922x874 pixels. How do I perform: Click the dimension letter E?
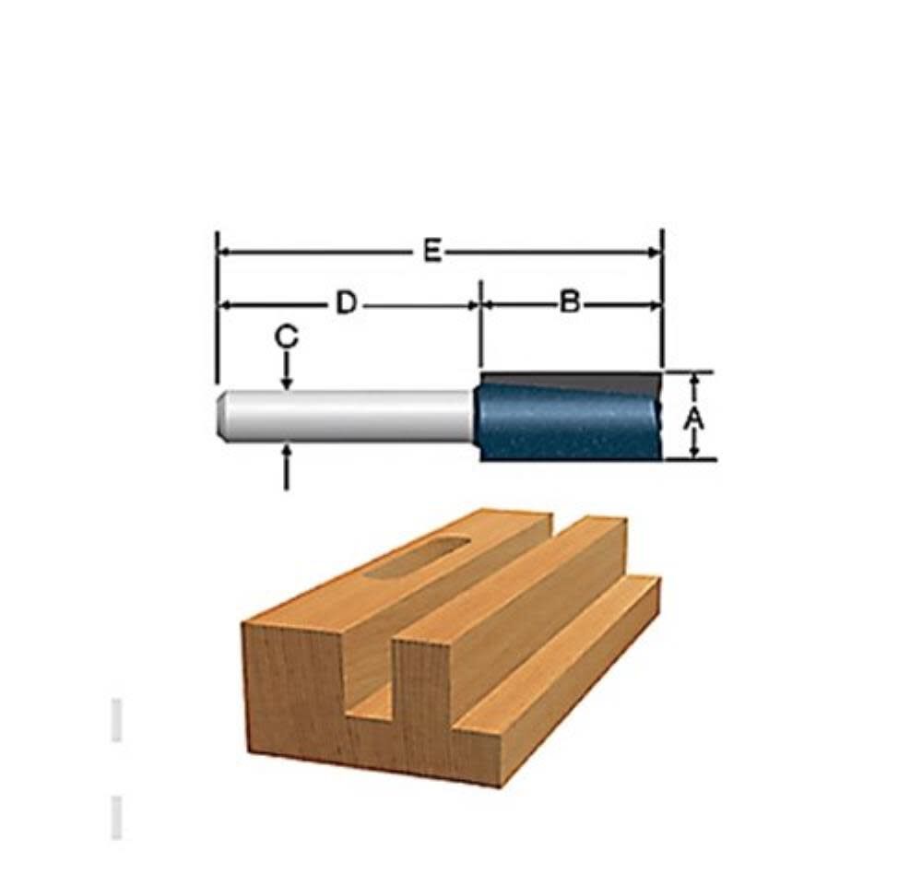432,252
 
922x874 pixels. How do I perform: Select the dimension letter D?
345,303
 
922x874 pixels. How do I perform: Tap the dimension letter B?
571,303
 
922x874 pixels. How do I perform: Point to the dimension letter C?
287,338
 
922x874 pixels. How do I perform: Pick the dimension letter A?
693,419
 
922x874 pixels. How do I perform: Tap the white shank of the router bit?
350,416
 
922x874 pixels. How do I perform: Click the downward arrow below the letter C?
287,377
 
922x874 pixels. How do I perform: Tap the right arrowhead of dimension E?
656,252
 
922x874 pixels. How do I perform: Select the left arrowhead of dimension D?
223,304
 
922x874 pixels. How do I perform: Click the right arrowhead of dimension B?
656,304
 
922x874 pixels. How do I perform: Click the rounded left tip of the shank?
220,416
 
